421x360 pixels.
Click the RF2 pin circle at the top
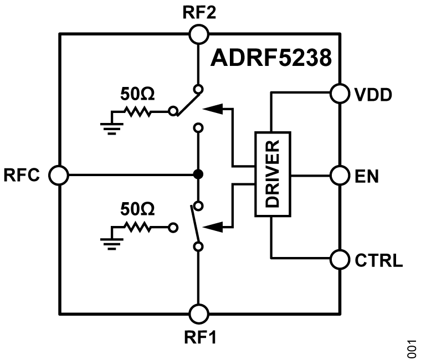click(198, 34)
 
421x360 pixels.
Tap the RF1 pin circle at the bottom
click(198, 314)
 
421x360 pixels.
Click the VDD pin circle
click(340, 92)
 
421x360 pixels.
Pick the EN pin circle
click(340, 176)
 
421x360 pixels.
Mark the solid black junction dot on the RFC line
click(198, 175)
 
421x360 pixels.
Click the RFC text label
click(23, 176)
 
